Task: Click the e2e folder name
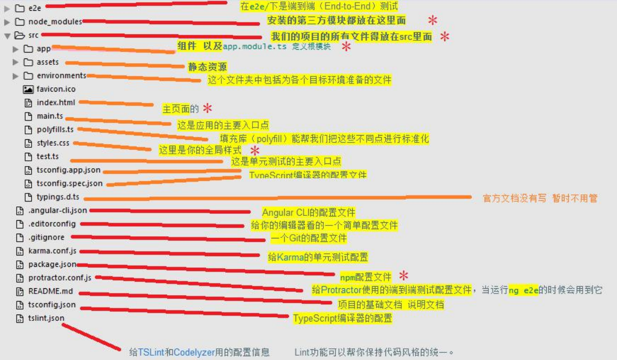pyautogui.click(x=34, y=8)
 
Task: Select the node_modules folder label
pyautogui.click(x=55, y=22)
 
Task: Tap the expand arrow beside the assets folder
pyautogui.click(x=16, y=62)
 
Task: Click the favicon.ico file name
pyautogui.click(x=56, y=89)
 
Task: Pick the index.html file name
pyautogui.click(x=56, y=102)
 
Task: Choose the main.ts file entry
pyautogui.click(x=49, y=116)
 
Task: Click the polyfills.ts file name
pyautogui.click(x=55, y=130)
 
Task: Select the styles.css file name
pyautogui.click(x=53, y=143)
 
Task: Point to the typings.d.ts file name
pyautogui.click(x=57, y=197)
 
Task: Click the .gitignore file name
pyautogui.click(x=46, y=237)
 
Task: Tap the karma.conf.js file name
pyautogui.click(x=53, y=251)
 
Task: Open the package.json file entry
pyautogui.click(x=52, y=264)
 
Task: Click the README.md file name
pyautogui.click(x=50, y=291)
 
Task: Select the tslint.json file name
pyautogui.click(x=46, y=318)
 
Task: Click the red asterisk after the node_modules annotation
pyautogui.click(x=432, y=21)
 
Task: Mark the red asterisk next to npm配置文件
pyautogui.click(x=404, y=276)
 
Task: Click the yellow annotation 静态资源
pyautogui.click(x=207, y=67)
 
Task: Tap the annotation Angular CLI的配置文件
pyautogui.click(x=308, y=213)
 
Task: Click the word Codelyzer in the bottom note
pyautogui.click(x=194, y=352)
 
